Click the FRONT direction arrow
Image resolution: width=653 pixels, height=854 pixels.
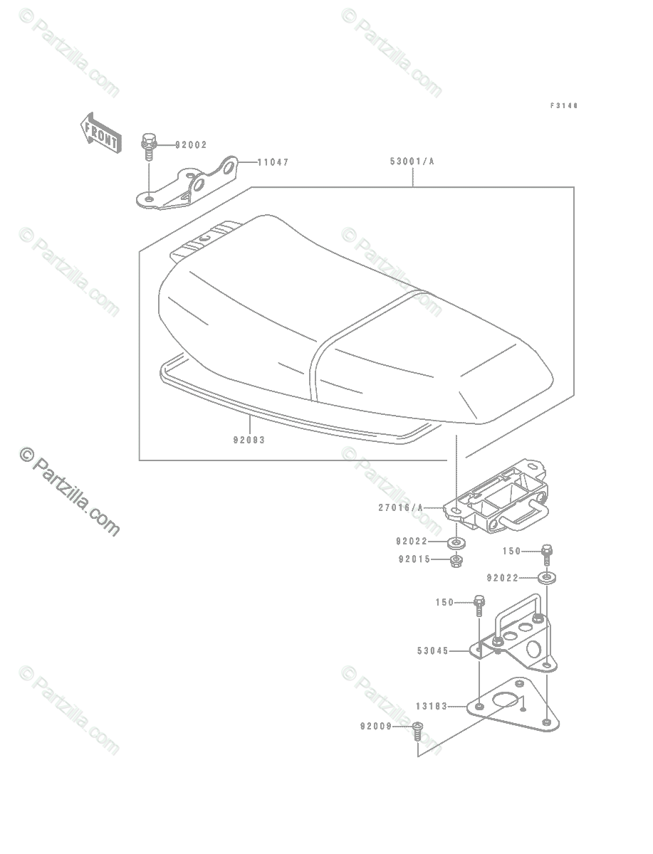coord(99,132)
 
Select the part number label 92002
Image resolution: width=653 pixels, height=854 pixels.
coord(190,144)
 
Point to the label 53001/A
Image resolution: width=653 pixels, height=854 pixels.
coord(412,162)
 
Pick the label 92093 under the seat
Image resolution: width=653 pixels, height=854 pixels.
coord(248,440)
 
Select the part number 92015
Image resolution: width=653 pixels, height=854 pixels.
coord(414,559)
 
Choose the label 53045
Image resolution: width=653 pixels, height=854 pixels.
coord(432,650)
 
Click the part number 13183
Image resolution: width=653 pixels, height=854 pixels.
coord(432,707)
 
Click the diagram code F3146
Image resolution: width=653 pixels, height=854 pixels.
coord(563,105)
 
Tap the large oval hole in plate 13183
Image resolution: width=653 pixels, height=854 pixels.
coord(506,700)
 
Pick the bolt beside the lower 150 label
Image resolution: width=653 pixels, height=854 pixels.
coord(479,605)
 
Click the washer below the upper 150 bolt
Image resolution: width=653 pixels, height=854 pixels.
coord(547,577)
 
